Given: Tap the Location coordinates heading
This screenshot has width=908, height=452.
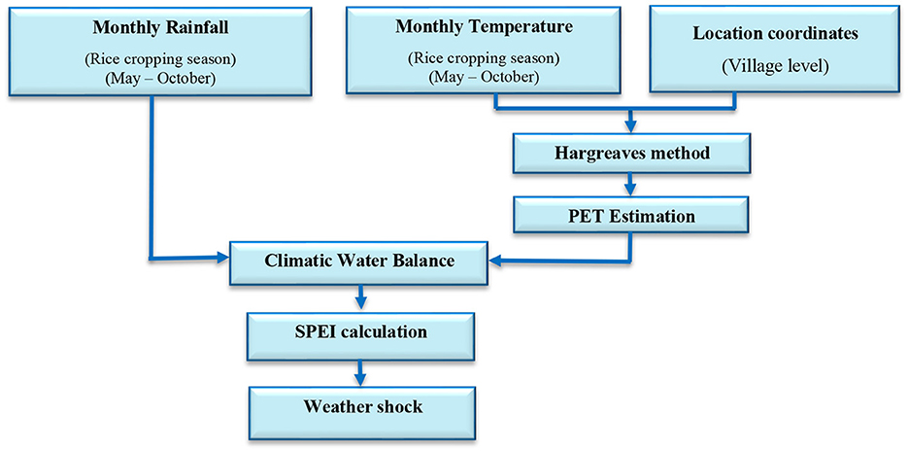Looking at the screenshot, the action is (x=775, y=33).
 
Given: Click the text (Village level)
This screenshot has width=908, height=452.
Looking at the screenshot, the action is (x=775, y=67).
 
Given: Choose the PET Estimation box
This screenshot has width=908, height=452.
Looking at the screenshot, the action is (x=630, y=217).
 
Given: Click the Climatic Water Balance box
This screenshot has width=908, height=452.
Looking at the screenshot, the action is (x=359, y=261).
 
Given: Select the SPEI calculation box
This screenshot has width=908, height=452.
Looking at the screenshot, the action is (x=359, y=333).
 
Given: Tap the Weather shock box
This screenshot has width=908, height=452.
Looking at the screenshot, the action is (x=362, y=407).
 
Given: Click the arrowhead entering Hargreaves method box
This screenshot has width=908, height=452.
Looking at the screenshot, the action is (x=631, y=125).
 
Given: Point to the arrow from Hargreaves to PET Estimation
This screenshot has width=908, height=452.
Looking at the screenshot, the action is (x=631, y=185).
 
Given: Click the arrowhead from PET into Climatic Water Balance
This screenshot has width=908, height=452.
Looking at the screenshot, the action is (x=497, y=261).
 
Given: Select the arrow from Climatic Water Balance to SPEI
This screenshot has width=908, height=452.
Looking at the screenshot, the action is (x=360, y=299).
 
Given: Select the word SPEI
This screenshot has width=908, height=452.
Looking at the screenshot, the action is (x=314, y=332).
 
